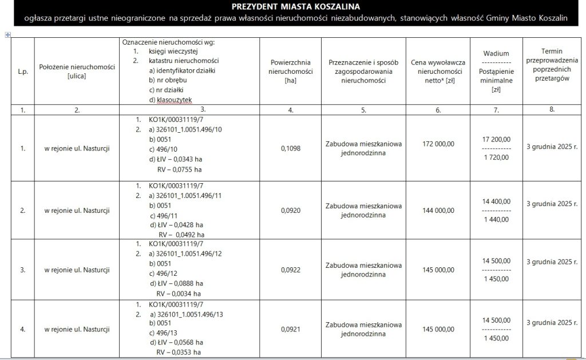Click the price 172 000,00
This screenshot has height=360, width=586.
coord(438,144)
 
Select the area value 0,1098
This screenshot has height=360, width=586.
coord(291,148)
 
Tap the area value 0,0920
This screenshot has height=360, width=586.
coord(291,210)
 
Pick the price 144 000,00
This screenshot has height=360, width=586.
coord(438,210)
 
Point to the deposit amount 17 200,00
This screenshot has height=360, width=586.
coord(497,139)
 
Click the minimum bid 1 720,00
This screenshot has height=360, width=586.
coord(497,157)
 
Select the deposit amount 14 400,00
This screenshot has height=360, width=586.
coord(497,201)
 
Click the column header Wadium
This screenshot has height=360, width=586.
coord(497,53)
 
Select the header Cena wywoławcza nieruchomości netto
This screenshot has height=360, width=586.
coord(438,71)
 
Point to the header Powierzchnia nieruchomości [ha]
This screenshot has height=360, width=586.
coord(291,71)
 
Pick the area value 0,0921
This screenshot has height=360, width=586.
coord(291,329)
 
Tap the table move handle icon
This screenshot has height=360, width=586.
coord(7,35)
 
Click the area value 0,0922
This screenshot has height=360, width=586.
coord(291,269)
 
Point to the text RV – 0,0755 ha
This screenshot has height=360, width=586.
coord(180,169)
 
